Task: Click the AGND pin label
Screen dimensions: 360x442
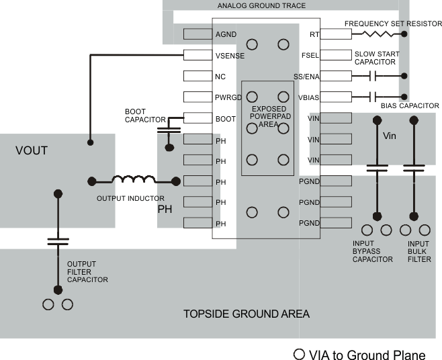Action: tap(225, 34)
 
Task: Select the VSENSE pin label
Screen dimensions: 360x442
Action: tap(230, 55)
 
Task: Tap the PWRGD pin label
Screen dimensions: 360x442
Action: tap(228, 97)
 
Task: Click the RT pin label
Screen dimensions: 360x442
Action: tap(314, 34)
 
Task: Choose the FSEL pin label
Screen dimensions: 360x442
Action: tap(310, 55)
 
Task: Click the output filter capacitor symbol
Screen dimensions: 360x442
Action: tap(58, 242)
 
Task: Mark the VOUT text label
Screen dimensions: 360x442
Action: tap(32, 150)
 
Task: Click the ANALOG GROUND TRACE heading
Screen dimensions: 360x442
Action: tap(261, 5)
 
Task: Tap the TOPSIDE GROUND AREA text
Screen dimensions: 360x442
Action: tap(247, 314)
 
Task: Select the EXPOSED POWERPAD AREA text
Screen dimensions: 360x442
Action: tap(268, 117)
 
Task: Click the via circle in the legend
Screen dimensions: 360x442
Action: tap(298, 354)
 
